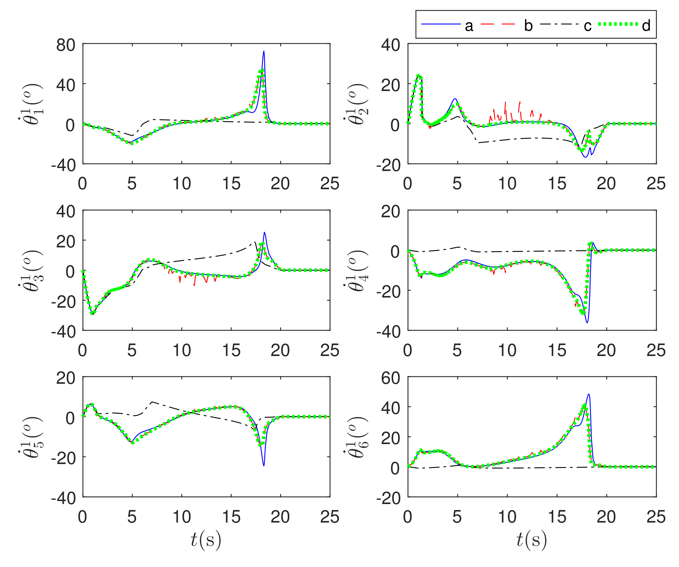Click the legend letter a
click(469, 26)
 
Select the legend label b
click(528, 26)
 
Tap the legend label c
click(587, 26)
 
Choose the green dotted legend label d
click(646, 26)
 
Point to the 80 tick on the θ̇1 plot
click(66, 45)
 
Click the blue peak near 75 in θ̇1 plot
click(264, 51)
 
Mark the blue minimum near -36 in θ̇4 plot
click(587, 323)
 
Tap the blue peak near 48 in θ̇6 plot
click(589, 394)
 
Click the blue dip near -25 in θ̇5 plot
click(264, 466)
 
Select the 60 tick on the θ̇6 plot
click(391, 378)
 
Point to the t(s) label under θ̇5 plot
click(206, 540)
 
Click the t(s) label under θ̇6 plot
click(532, 540)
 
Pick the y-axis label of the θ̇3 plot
click(31, 270)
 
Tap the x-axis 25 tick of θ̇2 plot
click(656, 184)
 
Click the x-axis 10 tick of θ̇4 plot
click(507, 350)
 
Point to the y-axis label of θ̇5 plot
click(31, 437)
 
